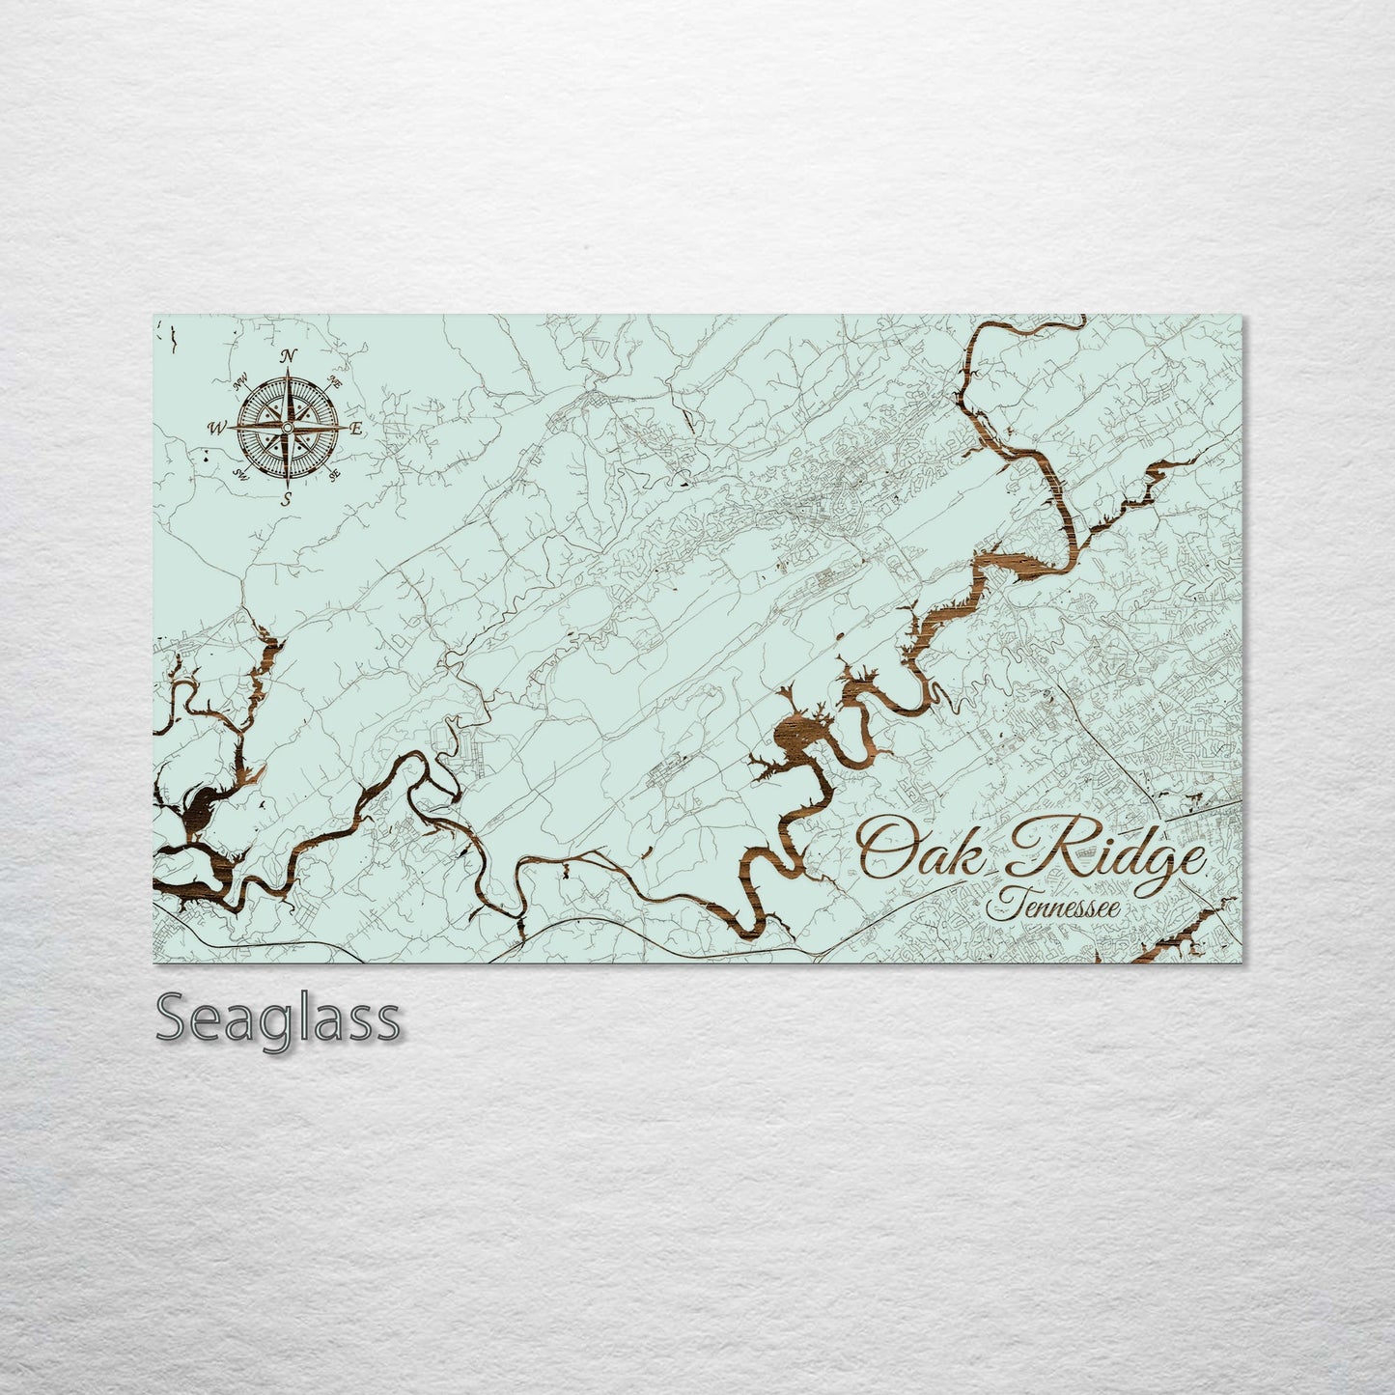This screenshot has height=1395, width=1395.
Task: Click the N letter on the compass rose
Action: click(289, 356)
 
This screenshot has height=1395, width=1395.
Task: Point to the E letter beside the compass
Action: click(356, 428)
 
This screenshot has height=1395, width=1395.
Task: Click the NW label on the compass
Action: click(241, 385)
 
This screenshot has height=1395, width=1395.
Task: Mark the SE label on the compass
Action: click(334, 475)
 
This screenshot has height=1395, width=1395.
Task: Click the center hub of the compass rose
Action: click(288, 427)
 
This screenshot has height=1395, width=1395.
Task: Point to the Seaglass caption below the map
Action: click(277, 1018)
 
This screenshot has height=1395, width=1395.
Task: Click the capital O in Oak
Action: click(886, 848)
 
